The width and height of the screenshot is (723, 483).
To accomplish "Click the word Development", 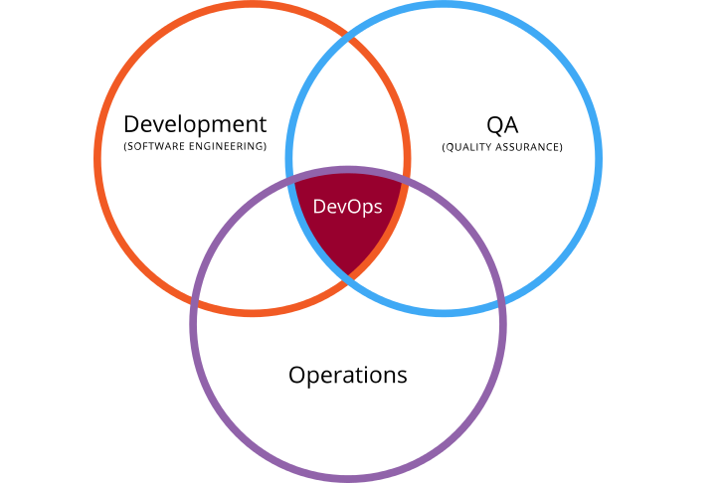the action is tap(195, 125).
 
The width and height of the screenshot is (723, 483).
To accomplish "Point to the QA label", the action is tap(502, 125).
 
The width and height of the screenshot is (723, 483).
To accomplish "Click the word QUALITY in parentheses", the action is tap(468, 147).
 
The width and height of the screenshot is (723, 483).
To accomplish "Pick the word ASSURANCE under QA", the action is tap(527, 147).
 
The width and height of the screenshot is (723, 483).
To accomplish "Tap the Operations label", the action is tap(348, 376).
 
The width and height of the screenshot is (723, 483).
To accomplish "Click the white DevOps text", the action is tap(347, 207).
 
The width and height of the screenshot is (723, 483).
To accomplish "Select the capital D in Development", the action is tap(132, 124).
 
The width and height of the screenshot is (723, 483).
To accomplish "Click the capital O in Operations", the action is tap(297, 375).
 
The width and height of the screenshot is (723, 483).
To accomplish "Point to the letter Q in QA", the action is tap(494, 126).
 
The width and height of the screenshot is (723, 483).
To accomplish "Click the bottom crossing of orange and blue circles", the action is tap(349, 277).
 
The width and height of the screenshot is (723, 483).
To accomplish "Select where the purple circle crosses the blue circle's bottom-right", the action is tap(501, 300).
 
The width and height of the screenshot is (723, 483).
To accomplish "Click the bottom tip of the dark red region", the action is tap(349, 274).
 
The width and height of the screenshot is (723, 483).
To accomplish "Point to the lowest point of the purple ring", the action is tap(348, 479).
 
